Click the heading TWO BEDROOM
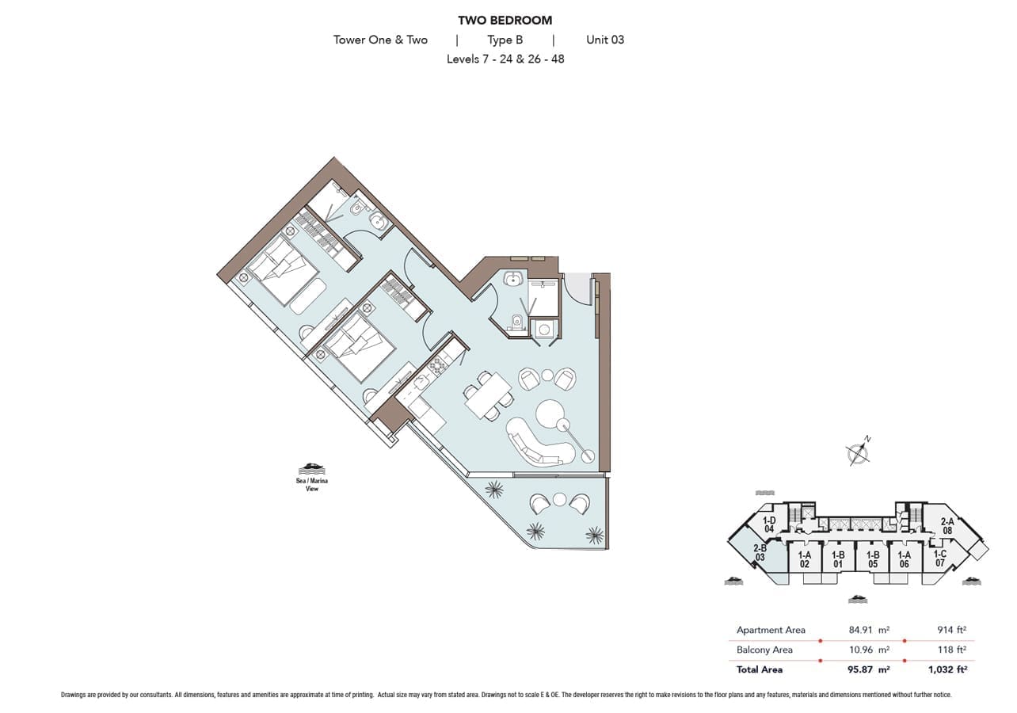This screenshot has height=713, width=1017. click(505, 21)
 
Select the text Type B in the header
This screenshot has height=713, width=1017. click(505, 40)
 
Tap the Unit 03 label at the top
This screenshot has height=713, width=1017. click(605, 40)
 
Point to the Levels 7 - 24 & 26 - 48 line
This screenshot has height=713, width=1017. click(505, 59)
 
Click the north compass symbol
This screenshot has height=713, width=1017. click(858, 452)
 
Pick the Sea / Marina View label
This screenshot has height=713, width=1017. click(312, 485)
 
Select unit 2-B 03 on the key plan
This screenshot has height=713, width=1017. click(760, 553)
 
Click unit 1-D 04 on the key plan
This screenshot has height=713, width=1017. click(768, 524)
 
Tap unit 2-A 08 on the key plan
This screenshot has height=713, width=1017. click(947, 526)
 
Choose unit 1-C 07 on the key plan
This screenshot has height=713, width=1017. click(940, 559)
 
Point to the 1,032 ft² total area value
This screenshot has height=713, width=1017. click(947, 669)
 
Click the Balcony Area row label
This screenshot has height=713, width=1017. click(764, 650)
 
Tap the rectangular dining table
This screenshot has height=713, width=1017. click(489, 395)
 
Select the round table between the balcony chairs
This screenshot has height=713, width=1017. click(560, 500)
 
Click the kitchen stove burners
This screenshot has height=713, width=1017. click(438, 365)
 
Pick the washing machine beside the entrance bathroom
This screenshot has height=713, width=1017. click(544, 328)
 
